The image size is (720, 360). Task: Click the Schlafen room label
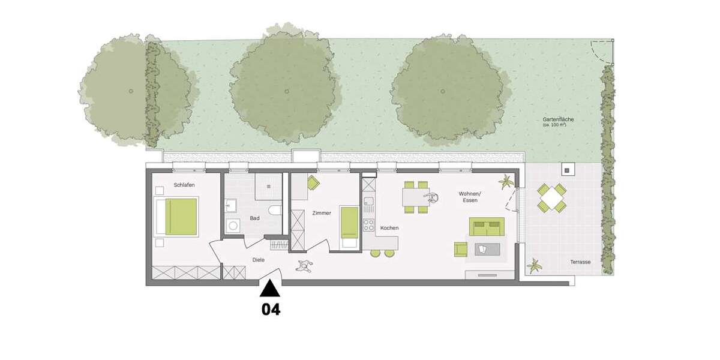[x=184, y=185]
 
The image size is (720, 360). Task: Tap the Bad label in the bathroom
[x=255, y=218]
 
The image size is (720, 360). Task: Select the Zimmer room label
[x=322, y=213]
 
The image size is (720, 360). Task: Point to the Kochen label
[x=389, y=228]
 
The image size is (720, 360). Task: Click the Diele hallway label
[x=259, y=260]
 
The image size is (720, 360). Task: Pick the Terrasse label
[x=581, y=262]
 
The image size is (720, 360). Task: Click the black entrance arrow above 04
[x=270, y=289]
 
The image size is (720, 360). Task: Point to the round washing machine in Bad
[x=233, y=226]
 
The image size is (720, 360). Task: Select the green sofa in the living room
[x=485, y=227]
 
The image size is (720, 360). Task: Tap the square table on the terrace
[x=551, y=198]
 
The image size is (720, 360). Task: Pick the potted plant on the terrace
[x=533, y=264]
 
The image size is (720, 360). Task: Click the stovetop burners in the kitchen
[x=368, y=227]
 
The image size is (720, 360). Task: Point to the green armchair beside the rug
[x=461, y=250]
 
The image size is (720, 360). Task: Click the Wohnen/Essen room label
[x=469, y=197]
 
